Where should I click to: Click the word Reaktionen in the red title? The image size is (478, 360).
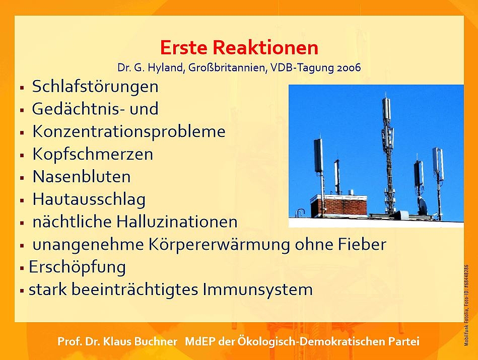click(x=265, y=48)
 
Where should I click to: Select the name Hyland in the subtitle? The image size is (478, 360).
click(x=165, y=67)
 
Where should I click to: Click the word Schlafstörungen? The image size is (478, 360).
click(x=95, y=87)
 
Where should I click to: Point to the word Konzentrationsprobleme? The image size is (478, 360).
click(x=129, y=132)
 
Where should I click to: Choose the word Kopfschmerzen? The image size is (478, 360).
click(x=93, y=154)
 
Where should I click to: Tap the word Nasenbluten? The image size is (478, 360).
click(x=82, y=177)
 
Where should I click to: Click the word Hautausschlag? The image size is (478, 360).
click(x=89, y=199)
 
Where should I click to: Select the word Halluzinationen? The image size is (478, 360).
click(x=177, y=222)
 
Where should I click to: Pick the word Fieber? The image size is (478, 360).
click(x=362, y=244)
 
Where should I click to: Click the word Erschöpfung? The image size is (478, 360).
click(x=77, y=267)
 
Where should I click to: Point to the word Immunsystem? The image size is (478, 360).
click(x=258, y=290)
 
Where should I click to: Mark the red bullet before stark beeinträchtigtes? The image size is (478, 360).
click(x=22, y=291)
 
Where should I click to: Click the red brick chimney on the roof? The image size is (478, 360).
click(x=339, y=206)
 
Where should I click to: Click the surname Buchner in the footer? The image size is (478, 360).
click(x=156, y=341)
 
